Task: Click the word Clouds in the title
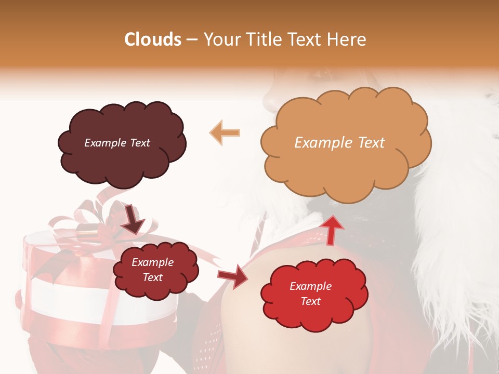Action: (x=152, y=39)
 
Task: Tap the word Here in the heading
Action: (x=347, y=39)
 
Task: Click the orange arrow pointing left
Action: (x=225, y=132)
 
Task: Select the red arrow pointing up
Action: (x=332, y=229)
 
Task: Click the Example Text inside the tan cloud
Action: (x=339, y=143)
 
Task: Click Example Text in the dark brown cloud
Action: (x=117, y=143)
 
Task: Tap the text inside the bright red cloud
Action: (x=310, y=293)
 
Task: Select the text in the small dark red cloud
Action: (x=152, y=270)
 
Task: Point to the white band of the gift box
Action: (x=78, y=296)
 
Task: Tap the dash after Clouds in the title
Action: (x=191, y=40)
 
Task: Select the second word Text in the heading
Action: (x=306, y=39)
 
